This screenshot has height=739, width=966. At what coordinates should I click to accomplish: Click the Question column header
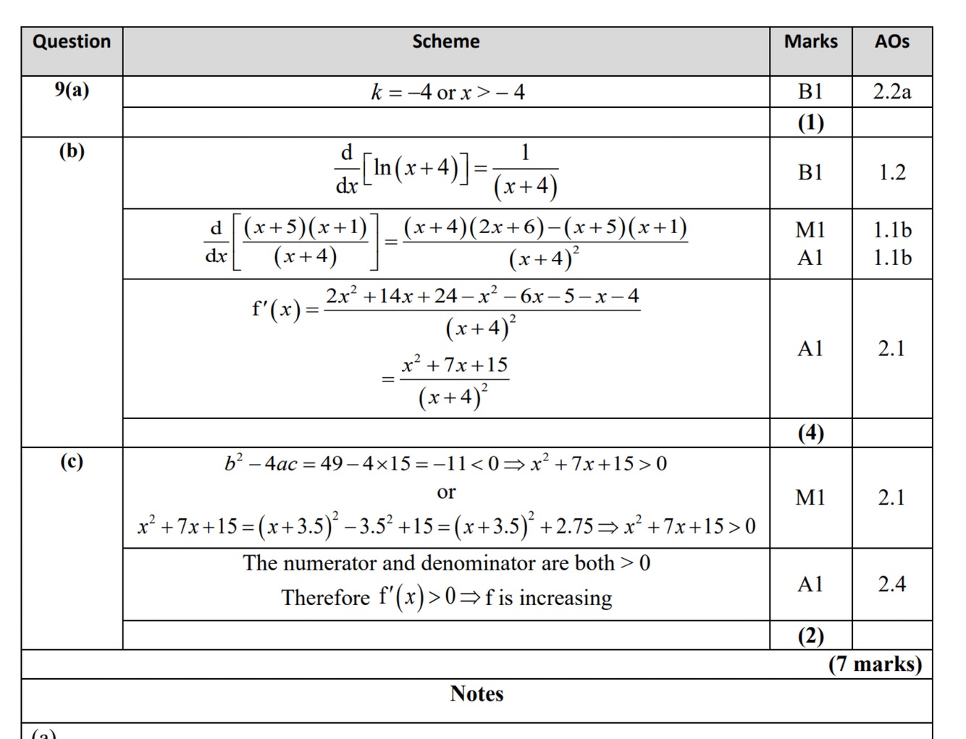click(x=72, y=42)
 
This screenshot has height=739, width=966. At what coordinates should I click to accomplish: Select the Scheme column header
click(x=445, y=42)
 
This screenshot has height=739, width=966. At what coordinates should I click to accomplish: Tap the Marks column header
click(x=810, y=42)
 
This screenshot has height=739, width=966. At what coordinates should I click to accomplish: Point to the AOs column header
click(x=891, y=42)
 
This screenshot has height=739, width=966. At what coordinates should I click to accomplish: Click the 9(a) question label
click(x=72, y=90)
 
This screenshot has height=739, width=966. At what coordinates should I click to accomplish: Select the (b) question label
click(x=72, y=151)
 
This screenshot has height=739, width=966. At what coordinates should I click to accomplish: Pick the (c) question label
click(x=72, y=461)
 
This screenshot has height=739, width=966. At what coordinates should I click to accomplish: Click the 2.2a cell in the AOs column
click(x=891, y=92)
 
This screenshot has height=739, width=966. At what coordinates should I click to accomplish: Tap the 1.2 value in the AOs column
click(x=891, y=172)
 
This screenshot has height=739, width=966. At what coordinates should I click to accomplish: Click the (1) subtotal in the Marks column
click(x=810, y=122)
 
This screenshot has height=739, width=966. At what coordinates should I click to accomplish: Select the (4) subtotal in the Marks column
click(x=810, y=433)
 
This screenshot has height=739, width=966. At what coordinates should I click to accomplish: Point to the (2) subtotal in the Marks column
click(x=810, y=635)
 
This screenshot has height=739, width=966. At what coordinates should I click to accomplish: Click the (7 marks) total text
click(x=875, y=664)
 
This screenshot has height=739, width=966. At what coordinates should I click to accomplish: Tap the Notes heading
click(x=476, y=693)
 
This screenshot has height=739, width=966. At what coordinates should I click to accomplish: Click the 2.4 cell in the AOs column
click(x=891, y=584)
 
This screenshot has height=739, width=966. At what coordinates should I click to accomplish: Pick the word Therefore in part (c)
click(x=326, y=598)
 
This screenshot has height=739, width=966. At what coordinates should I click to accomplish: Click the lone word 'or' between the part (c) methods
click(x=446, y=493)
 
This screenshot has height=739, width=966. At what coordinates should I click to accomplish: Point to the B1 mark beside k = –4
click(x=810, y=92)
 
